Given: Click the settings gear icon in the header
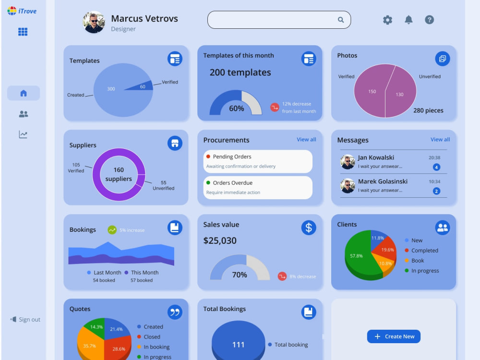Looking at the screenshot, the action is (387, 20).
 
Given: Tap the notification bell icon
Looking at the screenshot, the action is (408, 20).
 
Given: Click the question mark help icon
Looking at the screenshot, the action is (429, 20).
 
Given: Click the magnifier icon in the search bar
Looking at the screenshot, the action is (341, 20).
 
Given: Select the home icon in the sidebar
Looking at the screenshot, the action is (24, 93).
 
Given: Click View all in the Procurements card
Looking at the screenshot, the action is (306, 140).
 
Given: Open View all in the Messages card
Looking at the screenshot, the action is (440, 140).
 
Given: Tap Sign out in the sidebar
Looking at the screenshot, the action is (25, 319).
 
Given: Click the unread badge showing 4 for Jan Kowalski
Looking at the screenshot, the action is (436, 167).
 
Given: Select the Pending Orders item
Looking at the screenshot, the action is (258, 161).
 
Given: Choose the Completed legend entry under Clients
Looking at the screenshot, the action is (421, 251).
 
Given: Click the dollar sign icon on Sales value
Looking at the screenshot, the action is (309, 228).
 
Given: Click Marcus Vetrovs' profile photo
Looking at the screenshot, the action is (94, 23).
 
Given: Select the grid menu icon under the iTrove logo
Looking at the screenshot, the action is (23, 32).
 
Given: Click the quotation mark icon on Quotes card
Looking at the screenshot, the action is (175, 312).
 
